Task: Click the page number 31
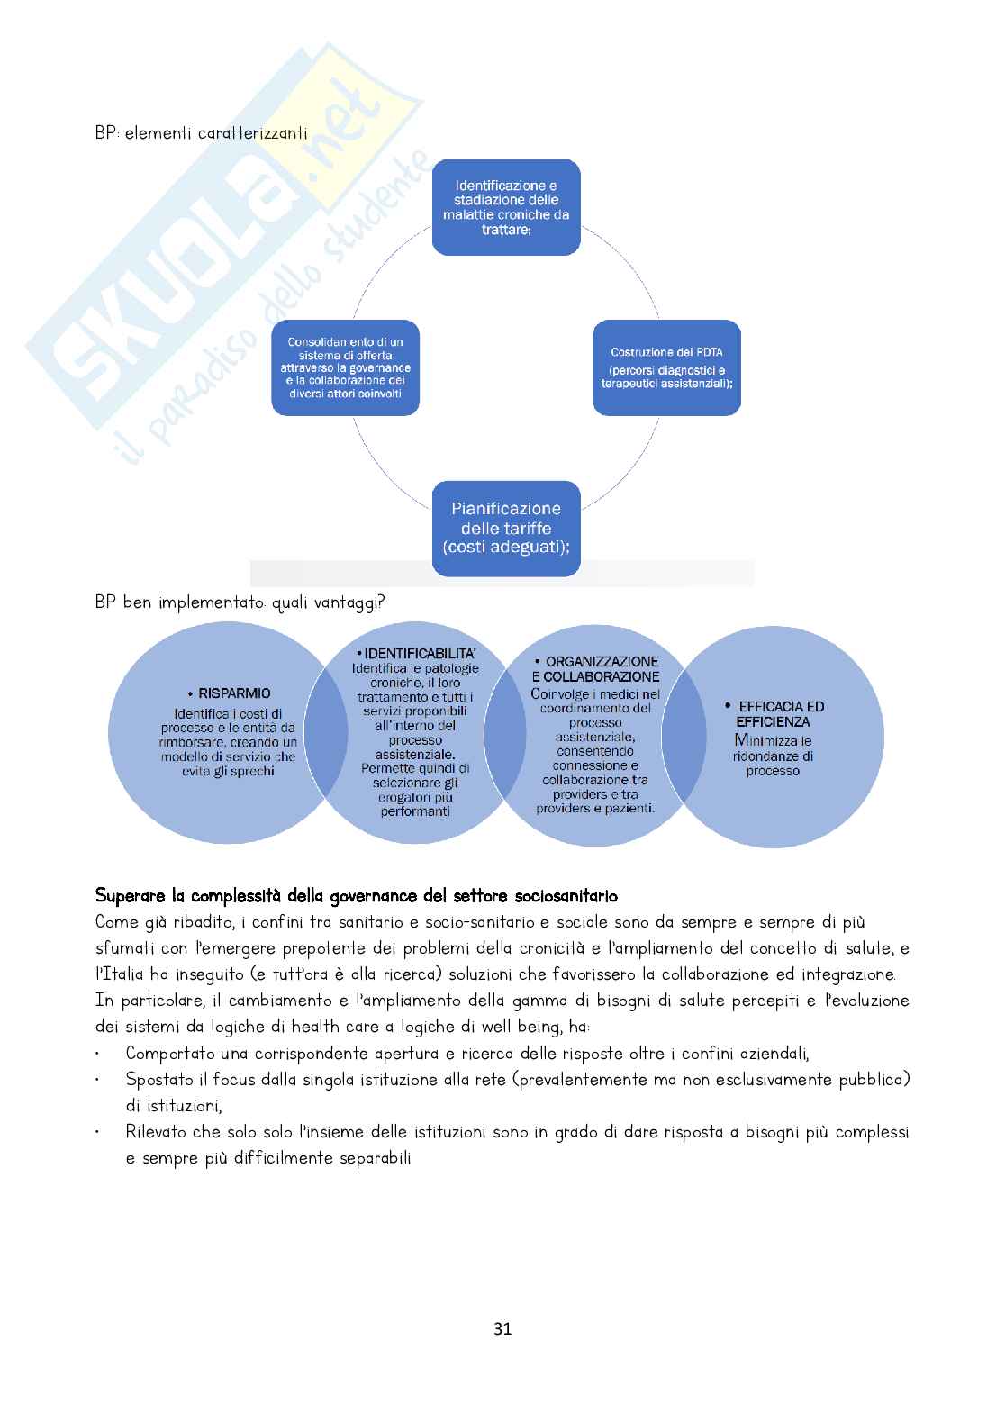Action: pos(502,1328)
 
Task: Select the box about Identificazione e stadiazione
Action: pos(506,207)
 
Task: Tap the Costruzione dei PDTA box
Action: pos(666,367)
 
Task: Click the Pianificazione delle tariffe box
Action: pos(506,529)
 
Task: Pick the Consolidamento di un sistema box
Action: pos(345,367)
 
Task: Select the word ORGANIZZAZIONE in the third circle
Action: pos(602,662)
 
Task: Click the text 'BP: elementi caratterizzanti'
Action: pos(201,133)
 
